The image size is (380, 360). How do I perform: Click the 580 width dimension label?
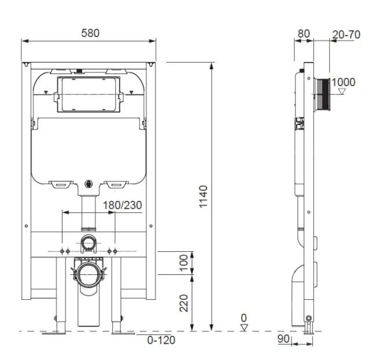tap(90, 33)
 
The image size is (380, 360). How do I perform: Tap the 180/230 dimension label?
tap(123, 204)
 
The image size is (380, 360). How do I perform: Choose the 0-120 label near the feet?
tap(161, 340)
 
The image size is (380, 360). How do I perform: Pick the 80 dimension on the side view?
tap(303, 34)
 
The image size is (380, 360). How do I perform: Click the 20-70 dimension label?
tap(346, 35)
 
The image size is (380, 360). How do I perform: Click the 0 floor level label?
tap(244, 318)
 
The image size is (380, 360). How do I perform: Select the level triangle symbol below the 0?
tap(244, 327)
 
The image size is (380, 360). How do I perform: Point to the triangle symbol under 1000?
tap(342, 91)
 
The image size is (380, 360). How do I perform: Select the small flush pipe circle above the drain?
tap(88, 243)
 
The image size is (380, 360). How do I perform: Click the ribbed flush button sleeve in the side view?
tap(322, 94)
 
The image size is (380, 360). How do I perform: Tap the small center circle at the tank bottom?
tap(88, 185)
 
